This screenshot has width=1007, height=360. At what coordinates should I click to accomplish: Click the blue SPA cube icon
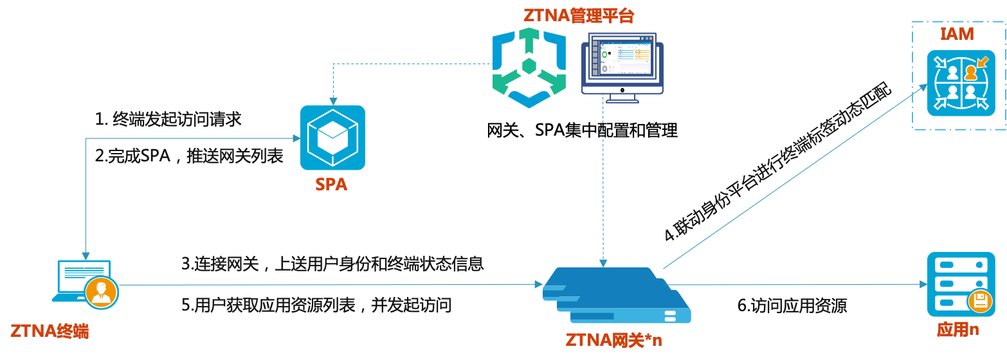[332, 138]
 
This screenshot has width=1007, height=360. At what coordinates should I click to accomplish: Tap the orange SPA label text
[331, 184]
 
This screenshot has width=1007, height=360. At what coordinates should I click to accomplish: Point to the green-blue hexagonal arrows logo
[529, 67]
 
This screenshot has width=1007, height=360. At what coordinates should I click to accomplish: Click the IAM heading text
[957, 33]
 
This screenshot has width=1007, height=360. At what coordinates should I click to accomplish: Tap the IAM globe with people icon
[961, 83]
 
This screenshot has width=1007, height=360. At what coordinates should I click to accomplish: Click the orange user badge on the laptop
[102, 293]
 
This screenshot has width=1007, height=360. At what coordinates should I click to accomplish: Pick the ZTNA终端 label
[50, 332]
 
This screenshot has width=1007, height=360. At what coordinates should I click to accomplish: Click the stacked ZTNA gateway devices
[615, 294]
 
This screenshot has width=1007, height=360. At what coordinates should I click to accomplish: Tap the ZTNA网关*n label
[613, 340]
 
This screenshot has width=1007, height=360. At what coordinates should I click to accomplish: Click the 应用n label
[957, 330]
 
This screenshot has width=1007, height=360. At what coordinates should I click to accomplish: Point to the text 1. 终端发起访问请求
[168, 119]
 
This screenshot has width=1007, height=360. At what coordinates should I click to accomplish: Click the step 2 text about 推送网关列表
[189, 156]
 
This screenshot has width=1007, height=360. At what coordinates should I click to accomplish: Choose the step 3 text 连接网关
[332, 264]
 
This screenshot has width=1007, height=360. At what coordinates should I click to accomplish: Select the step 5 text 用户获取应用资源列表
[316, 305]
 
